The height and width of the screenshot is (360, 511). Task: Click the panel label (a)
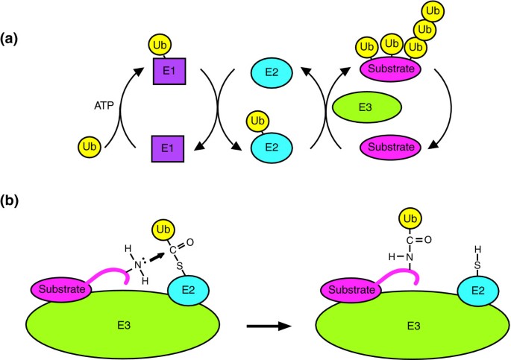(13, 34)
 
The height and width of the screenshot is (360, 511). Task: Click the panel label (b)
(13, 200)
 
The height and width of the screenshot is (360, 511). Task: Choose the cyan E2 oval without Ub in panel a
(272, 73)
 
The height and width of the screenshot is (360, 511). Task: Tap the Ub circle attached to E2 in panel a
(257, 119)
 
